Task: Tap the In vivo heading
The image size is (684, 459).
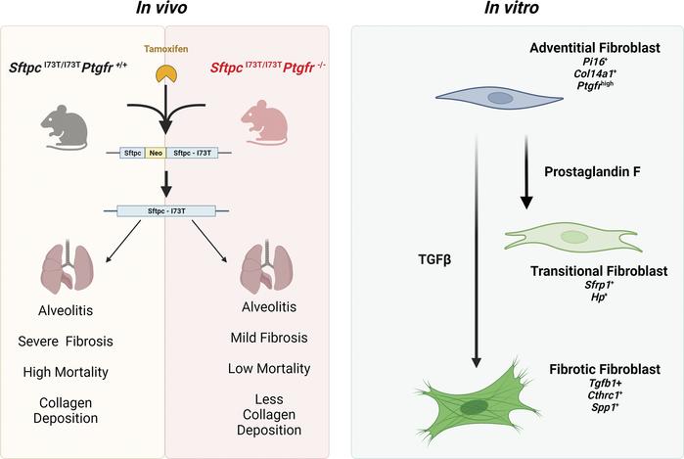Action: [x=163, y=10]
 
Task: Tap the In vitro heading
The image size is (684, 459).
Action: [x=510, y=10]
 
